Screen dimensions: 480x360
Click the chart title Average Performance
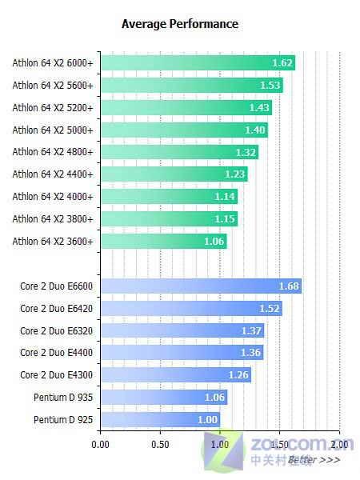(x=179, y=24)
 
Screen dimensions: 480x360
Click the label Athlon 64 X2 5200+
(x=53, y=107)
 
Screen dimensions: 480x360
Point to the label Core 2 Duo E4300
(x=56, y=374)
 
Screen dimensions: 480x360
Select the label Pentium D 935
(x=63, y=397)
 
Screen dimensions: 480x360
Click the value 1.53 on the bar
(x=270, y=85)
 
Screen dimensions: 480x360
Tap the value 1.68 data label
(x=289, y=286)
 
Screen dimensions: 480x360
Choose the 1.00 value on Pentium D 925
(x=207, y=419)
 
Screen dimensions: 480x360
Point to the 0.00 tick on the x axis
(x=101, y=443)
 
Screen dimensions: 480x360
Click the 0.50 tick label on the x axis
(x=160, y=443)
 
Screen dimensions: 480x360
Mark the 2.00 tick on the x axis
(x=339, y=443)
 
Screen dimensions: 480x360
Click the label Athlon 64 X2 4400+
(x=53, y=174)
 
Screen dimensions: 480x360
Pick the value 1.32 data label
(x=246, y=152)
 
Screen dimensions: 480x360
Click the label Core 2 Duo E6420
(x=56, y=308)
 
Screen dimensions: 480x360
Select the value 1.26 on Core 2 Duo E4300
(x=238, y=374)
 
